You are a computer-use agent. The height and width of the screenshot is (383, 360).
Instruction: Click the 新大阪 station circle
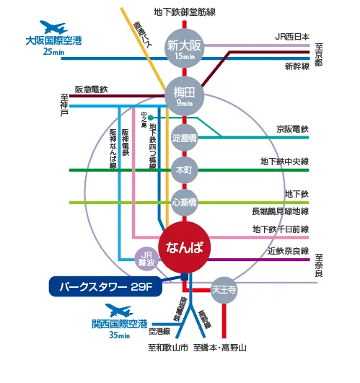point(184,48)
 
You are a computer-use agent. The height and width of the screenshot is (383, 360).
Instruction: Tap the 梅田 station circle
point(184,95)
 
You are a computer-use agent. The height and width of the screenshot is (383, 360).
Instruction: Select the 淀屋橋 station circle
point(184,136)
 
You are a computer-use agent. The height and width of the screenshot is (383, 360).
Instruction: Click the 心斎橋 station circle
point(184,202)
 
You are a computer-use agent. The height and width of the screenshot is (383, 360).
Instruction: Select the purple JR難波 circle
point(146,257)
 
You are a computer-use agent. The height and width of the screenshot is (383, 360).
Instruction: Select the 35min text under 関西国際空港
point(120,335)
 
